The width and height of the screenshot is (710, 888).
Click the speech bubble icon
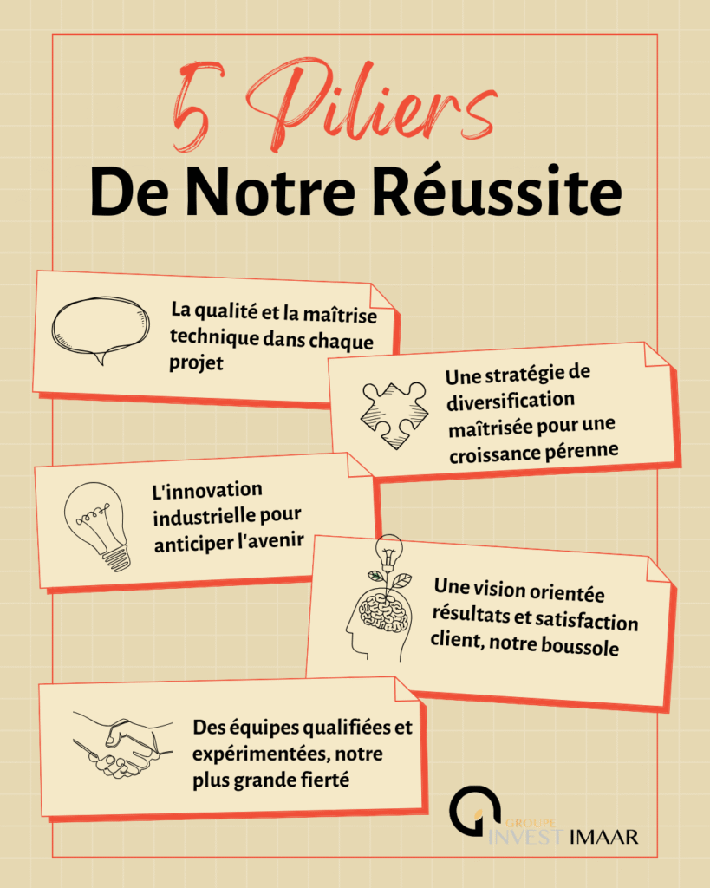(x=101, y=329)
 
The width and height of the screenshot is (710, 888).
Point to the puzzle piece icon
(x=394, y=415)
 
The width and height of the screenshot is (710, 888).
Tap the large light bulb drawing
(x=96, y=526)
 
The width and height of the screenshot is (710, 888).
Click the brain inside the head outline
(x=384, y=611)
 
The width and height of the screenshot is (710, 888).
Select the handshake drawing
(x=122, y=745)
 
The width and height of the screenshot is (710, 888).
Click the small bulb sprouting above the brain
(x=388, y=551)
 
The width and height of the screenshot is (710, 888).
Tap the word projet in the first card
(x=196, y=363)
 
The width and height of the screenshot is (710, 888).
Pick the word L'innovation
(x=207, y=490)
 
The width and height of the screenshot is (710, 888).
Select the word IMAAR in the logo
(x=603, y=837)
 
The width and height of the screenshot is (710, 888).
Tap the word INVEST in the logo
(x=526, y=837)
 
